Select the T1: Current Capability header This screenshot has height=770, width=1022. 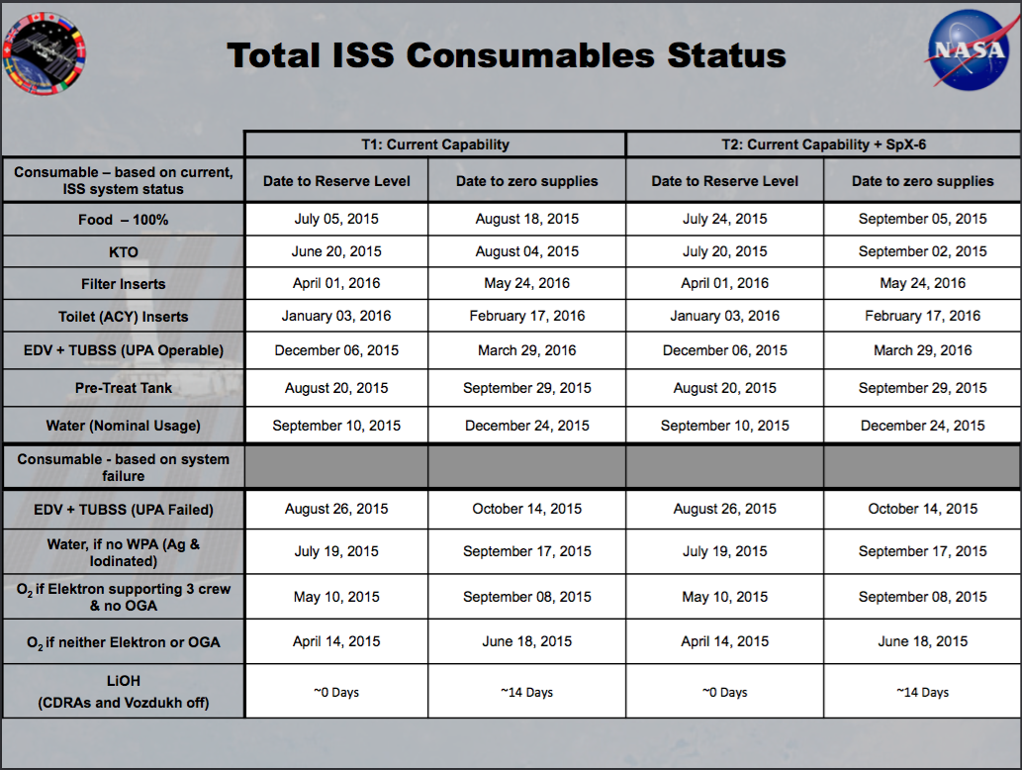pyautogui.click(x=435, y=144)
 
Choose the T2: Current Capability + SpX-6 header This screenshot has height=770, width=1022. pyautogui.click(x=823, y=144)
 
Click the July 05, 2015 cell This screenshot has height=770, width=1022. pyautogui.click(x=336, y=219)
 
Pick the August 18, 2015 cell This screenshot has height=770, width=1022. pyautogui.click(x=527, y=219)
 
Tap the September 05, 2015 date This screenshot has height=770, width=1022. pyautogui.click(x=923, y=219)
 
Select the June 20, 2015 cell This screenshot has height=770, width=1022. pyautogui.click(x=336, y=251)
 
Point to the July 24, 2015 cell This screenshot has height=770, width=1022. pyautogui.click(x=725, y=219)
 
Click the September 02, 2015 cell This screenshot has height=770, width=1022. pyautogui.click(x=923, y=251)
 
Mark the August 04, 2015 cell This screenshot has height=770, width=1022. pyautogui.click(x=527, y=251)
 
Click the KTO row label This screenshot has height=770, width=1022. pyautogui.click(x=124, y=251)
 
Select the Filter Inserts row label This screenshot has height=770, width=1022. pyautogui.click(x=124, y=284)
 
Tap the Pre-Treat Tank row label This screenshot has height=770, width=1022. pyautogui.click(x=124, y=388)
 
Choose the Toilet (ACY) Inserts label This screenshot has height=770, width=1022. pyautogui.click(x=124, y=317)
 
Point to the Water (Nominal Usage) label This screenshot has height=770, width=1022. pyautogui.click(x=124, y=426)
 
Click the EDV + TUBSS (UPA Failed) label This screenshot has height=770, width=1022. pyautogui.click(x=124, y=510)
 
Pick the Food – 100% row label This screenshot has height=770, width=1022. pyautogui.click(x=124, y=220)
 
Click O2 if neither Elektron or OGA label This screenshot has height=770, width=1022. pyautogui.click(x=124, y=642)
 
